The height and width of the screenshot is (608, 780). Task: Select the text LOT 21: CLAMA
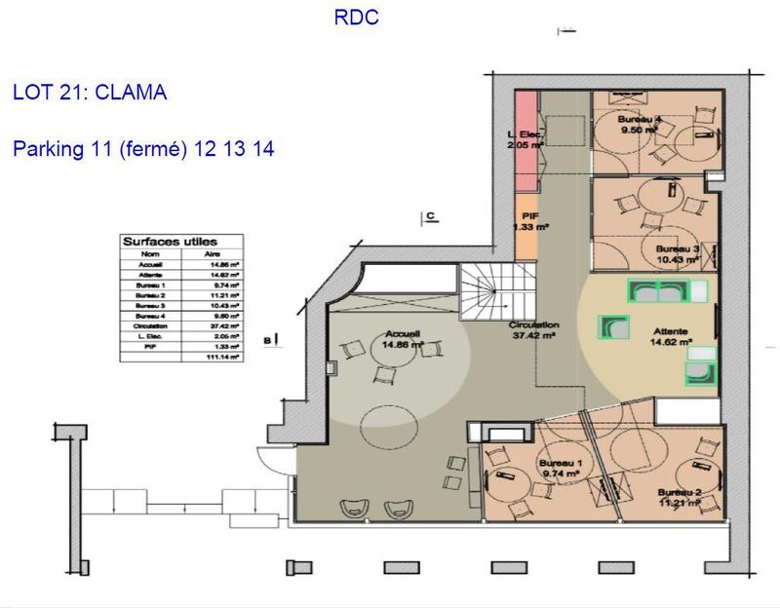90,94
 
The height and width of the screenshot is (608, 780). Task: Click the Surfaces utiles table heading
170,242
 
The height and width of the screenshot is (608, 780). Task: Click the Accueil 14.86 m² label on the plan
402,337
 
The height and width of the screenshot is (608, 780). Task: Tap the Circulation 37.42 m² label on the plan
532,329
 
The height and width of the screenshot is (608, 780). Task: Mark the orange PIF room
526,223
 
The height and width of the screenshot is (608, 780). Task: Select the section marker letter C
428,216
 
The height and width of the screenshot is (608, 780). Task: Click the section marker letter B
267,339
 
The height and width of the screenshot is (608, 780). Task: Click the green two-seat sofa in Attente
657,289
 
